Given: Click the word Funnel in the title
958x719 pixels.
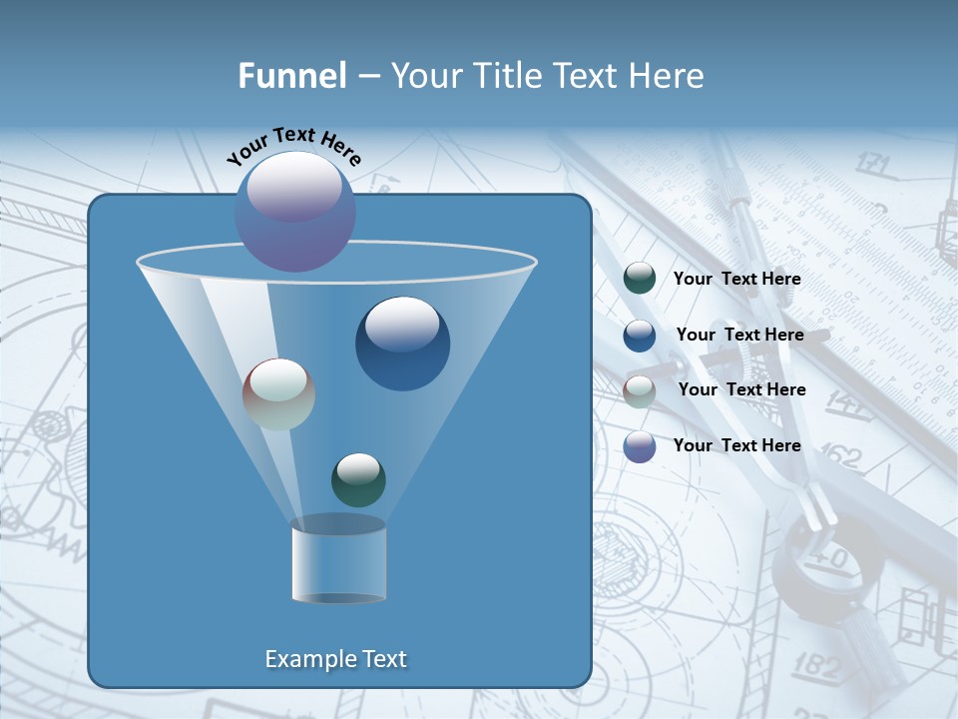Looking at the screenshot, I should [291, 76].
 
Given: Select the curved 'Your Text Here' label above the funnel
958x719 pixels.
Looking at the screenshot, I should [293, 146].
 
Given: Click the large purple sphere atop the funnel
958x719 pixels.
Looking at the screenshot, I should [294, 211].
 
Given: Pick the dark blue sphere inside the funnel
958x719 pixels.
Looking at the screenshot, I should [402, 344].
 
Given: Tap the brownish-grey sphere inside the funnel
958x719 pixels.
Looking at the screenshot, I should [278, 394].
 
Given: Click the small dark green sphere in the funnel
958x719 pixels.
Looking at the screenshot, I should [358, 479].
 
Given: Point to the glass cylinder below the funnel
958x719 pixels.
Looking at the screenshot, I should [338, 561].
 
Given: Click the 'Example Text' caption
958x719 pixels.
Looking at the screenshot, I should [335, 659].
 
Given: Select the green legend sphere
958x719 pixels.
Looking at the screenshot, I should [640, 279].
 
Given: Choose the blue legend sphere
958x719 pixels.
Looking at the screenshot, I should [640, 335].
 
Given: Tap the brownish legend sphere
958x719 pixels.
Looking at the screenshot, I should [640, 390].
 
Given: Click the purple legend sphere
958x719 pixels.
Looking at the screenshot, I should [640, 446].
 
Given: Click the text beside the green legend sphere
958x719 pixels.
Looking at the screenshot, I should [736, 280].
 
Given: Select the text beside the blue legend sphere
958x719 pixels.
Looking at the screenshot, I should [739, 335].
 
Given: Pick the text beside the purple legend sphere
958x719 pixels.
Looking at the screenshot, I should [736, 445].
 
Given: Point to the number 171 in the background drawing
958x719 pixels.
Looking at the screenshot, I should [872, 163].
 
